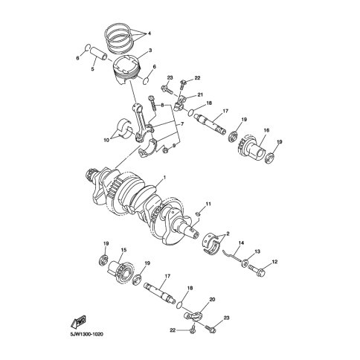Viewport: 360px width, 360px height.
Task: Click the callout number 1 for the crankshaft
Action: tap(164, 178)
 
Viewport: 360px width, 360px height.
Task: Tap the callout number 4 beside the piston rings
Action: tap(150, 33)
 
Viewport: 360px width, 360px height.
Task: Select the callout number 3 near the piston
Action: tap(150, 51)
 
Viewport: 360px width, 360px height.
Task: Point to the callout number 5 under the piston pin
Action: tap(92, 69)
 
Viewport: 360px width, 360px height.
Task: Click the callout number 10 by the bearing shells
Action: tap(106, 141)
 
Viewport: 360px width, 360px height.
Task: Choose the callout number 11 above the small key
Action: tap(208, 204)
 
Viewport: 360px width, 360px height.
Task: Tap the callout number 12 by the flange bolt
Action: tap(274, 262)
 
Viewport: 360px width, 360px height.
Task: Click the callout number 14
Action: tap(241, 242)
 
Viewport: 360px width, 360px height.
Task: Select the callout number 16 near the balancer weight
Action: tap(266, 130)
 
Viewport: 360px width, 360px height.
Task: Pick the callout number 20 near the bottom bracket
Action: tap(213, 300)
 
